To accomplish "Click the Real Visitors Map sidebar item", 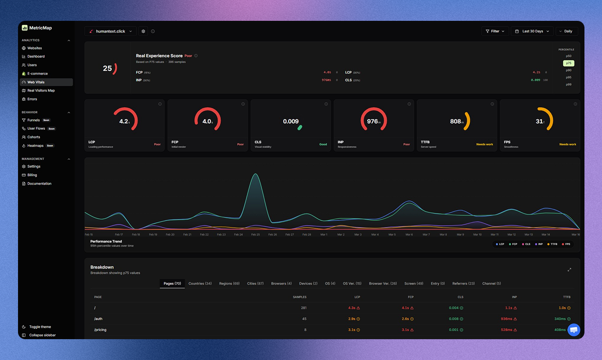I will point(41,90).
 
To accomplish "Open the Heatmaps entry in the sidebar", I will point(35,146).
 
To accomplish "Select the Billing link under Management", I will point(32,175).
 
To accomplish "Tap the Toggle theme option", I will point(40,327).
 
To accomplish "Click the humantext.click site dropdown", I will point(110,31).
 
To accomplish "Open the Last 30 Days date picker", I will point(532,31).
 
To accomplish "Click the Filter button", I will point(495,31).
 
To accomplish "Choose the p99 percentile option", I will point(568,84).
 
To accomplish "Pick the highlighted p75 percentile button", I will point(568,63).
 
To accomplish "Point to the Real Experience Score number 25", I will point(108,69).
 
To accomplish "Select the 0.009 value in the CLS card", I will point(291,121).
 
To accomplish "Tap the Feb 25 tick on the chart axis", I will point(255,234).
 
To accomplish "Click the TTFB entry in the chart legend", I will point(552,244).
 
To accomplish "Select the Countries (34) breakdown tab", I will point(200,284).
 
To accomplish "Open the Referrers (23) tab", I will point(463,284).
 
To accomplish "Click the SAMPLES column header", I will point(300,297).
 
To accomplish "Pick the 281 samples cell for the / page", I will point(304,308).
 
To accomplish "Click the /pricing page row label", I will point(100,330).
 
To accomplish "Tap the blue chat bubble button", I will point(574,330).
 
